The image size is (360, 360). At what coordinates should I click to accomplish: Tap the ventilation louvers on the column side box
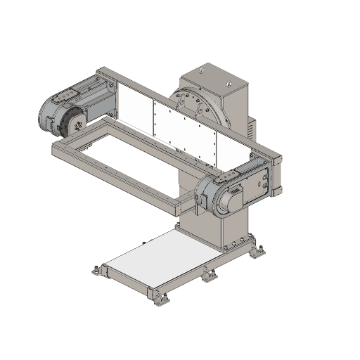pyautogui.click(x=251, y=127)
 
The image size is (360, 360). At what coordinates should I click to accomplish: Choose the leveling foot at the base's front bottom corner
pyautogui.click(x=157, y=300)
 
